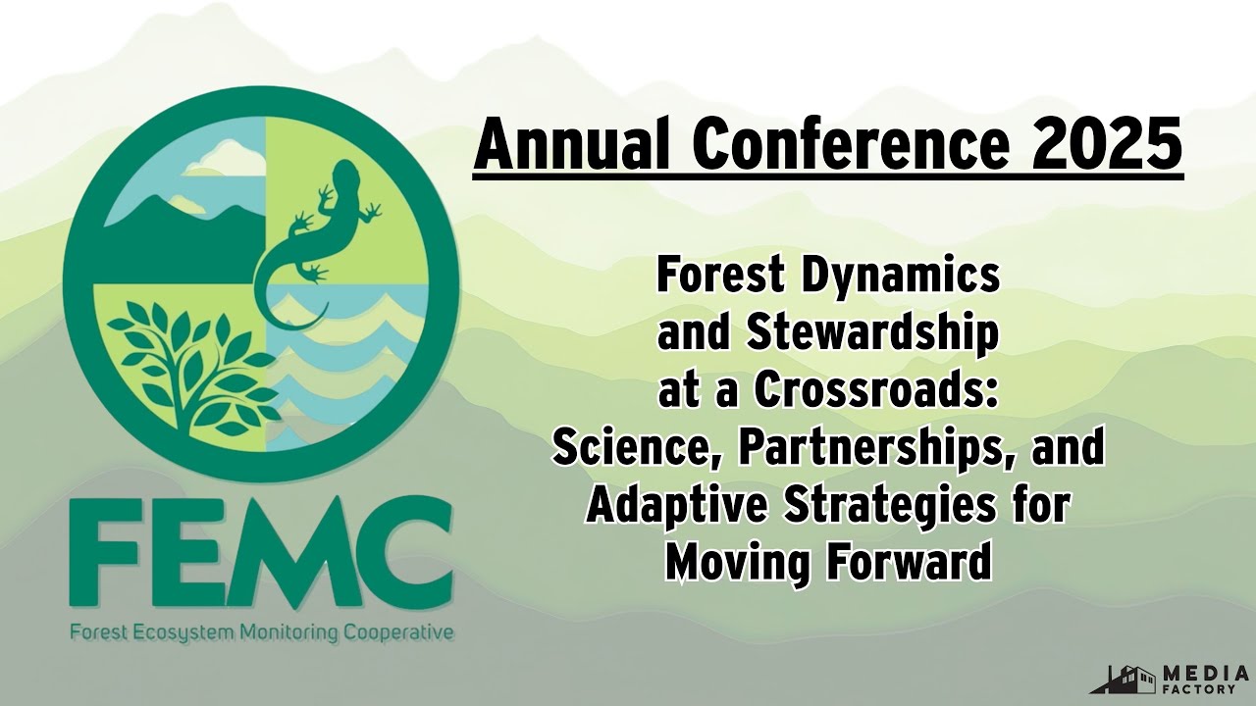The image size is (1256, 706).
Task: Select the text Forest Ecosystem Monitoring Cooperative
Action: (x=261, y=632)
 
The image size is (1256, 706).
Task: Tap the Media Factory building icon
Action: (x=1124, y=679)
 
